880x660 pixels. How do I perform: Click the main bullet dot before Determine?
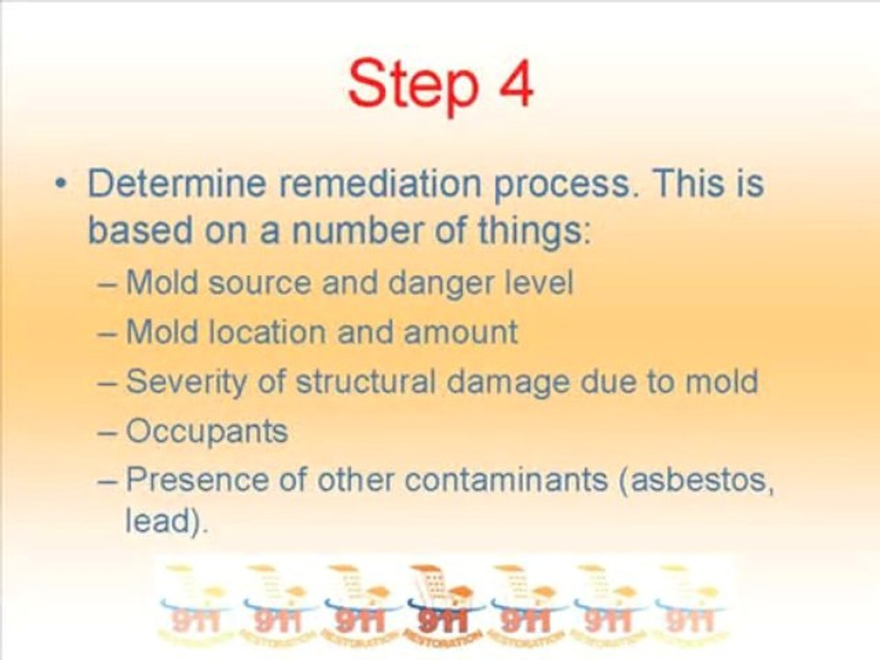[x=60, y=185]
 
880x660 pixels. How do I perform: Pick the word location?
[x=258, y=331]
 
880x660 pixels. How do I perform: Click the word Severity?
[x=189, y=381]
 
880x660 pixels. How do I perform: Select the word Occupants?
[x=206, y=432]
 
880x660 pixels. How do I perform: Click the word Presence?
[x=195, y=479]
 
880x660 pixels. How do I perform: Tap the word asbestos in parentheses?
[x=701, y=479]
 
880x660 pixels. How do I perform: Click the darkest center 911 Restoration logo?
[x=440, y=601]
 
